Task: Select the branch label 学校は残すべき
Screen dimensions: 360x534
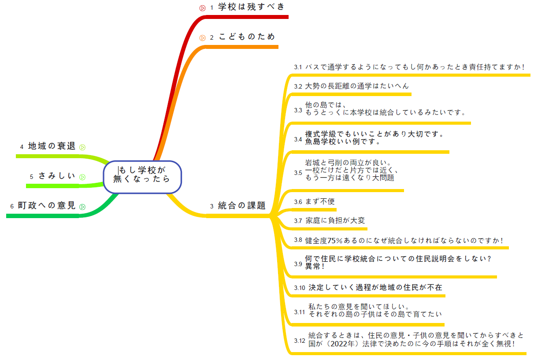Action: tap(252, 7)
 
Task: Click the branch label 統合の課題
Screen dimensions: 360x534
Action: tap(242, 205)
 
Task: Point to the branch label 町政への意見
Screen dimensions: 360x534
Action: tap(47, 206)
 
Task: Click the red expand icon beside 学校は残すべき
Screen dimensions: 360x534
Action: tap(203, 7)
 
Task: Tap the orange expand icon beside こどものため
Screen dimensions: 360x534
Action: tap(203, 38)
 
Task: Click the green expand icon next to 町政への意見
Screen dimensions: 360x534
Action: tap(82, 206)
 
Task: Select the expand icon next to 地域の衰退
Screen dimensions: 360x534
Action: tap(82, 147)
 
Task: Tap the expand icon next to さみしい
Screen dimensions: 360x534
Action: tap(82, 177)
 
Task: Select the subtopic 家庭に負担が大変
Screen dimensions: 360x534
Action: tap(335, 221)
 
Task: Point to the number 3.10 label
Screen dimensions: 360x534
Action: tap(300, 288)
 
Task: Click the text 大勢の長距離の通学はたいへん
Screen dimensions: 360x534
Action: tap(357, 86)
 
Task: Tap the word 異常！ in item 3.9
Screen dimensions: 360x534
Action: tap(315, 267)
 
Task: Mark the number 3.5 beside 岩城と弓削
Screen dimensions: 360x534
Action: tap(298, 173)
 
